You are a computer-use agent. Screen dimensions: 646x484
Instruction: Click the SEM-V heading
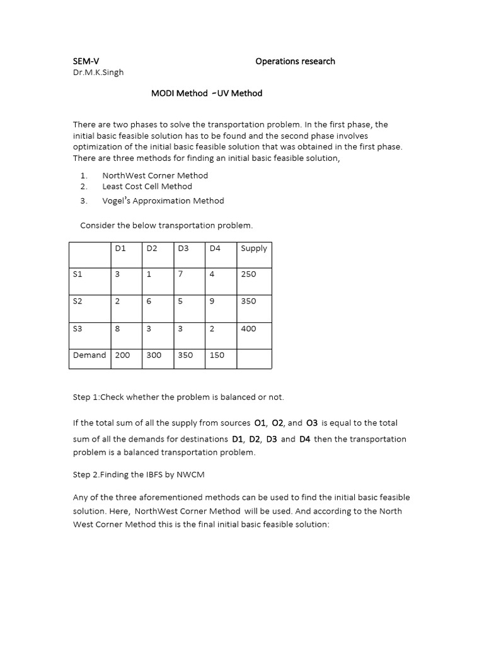(x=86, y=61)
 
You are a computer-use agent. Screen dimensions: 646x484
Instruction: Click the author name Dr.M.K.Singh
(x=98, y=72)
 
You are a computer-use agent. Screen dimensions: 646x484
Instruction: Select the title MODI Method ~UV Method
(x=206, y=93)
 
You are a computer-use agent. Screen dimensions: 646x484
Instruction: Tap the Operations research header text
(x=295, y=61)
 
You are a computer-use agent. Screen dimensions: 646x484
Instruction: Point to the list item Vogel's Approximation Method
(x=163, y=201)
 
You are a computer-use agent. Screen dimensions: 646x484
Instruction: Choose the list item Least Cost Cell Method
(x=147, y=186)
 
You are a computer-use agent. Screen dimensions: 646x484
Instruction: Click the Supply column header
(x=254, y=248)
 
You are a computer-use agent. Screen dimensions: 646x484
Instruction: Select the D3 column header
(x=183, y=248)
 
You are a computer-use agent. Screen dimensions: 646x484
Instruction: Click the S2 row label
(x=78, y=301)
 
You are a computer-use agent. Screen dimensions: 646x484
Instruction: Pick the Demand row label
(x=89, y=355)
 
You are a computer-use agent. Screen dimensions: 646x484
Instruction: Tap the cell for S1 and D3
(x=180, y=274)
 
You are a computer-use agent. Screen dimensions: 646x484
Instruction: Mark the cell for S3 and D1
(x=117, y=328)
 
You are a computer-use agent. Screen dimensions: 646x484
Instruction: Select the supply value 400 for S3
(x=248, y=329)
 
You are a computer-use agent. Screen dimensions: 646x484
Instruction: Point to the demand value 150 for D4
(x=217, y=355)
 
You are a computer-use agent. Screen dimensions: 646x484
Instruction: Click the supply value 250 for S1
(x=248, y=274)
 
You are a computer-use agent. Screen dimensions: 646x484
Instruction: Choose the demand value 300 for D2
(x=154, y=355)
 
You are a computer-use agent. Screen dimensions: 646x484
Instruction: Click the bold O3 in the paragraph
(x=311, y=423)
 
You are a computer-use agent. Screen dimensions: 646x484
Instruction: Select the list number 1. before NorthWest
(x=84, y=175)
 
